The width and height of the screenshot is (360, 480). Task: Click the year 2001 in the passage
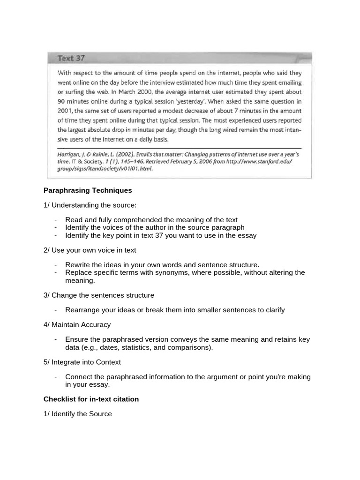click(65, 111)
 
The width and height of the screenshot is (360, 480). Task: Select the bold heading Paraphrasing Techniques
click(88, 190)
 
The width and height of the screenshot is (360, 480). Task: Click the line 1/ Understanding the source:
click(90, 205)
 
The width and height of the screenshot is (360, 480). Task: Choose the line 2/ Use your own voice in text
click(90, 250)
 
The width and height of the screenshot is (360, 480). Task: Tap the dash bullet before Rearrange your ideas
click(56, 310)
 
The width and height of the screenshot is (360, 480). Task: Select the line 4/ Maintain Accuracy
click(77, 325)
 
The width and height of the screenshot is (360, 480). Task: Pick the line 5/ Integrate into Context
click(82, 362)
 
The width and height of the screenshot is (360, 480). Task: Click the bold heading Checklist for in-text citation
click(91, 399)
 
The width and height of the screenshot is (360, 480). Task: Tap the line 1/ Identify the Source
click(78, 414)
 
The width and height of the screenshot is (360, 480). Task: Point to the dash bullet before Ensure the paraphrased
click(56, 339)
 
